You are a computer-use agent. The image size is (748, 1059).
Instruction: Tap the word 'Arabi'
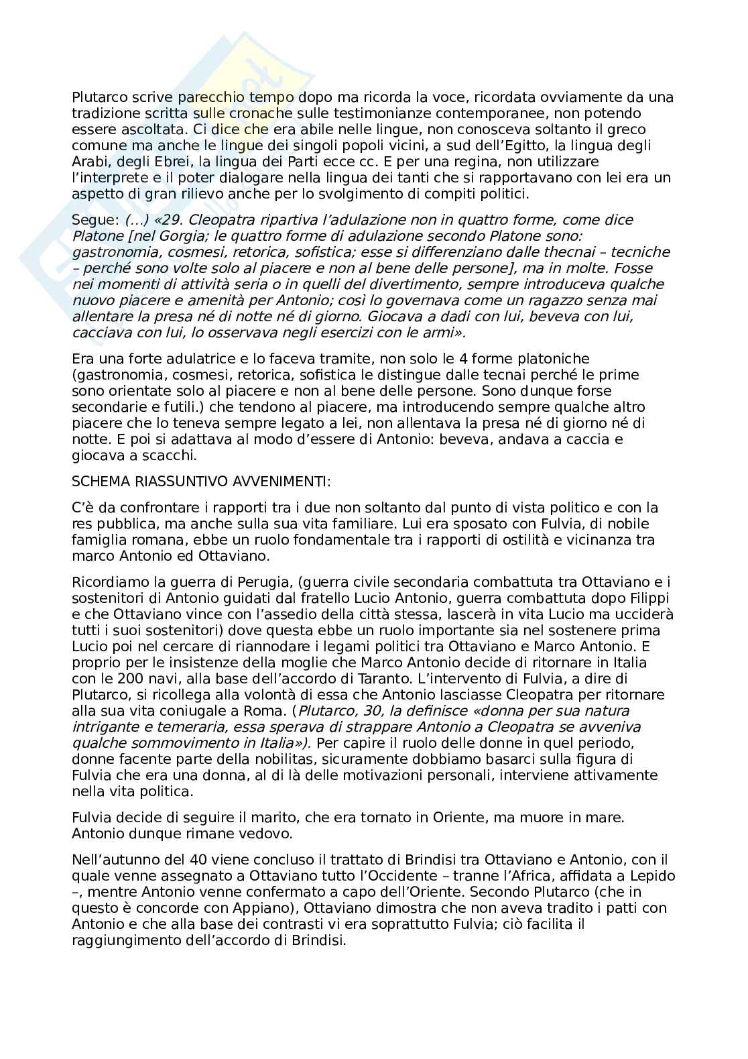pos(89,162)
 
